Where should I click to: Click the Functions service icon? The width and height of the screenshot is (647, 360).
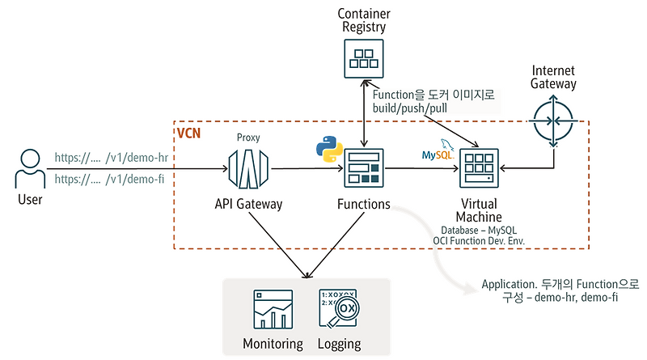click(363, 169)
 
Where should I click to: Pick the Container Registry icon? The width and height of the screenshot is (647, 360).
click(363, 57)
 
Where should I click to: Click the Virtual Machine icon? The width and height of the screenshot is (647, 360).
click(479, 169)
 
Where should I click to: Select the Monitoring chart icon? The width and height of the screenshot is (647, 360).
click(273, 308)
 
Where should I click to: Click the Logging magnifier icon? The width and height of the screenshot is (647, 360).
click(339, 308)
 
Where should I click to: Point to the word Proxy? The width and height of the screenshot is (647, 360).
click(248, 138)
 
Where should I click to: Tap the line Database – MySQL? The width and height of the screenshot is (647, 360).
click(480, 229)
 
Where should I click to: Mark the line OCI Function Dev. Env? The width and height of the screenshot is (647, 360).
click(480, 241)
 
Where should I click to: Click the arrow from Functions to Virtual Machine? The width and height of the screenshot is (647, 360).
click(421, 169)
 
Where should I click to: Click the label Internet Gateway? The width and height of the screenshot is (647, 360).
click(553, 77)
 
